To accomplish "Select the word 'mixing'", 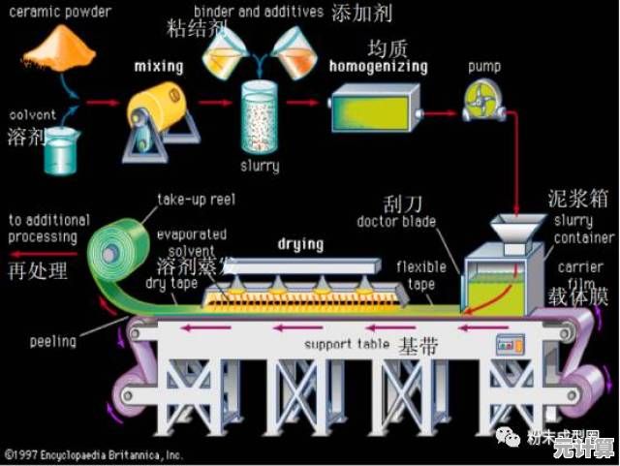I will tap(158, 66).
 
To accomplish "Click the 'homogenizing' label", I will tap(378, 67).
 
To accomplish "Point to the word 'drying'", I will tap(300, 243).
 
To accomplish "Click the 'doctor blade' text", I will tap(397, 222).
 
